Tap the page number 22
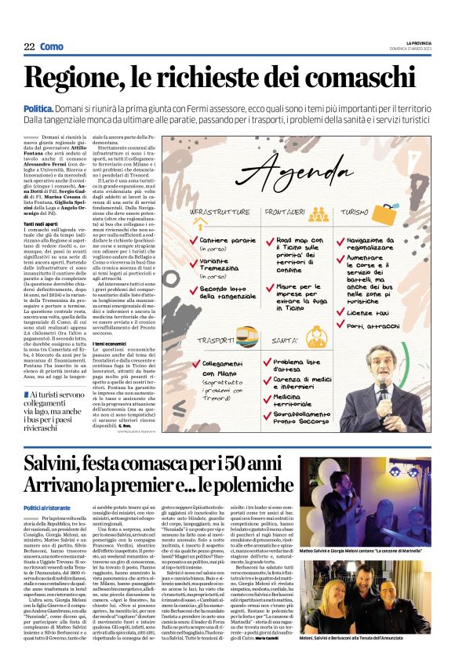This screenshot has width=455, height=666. [29, 47]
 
